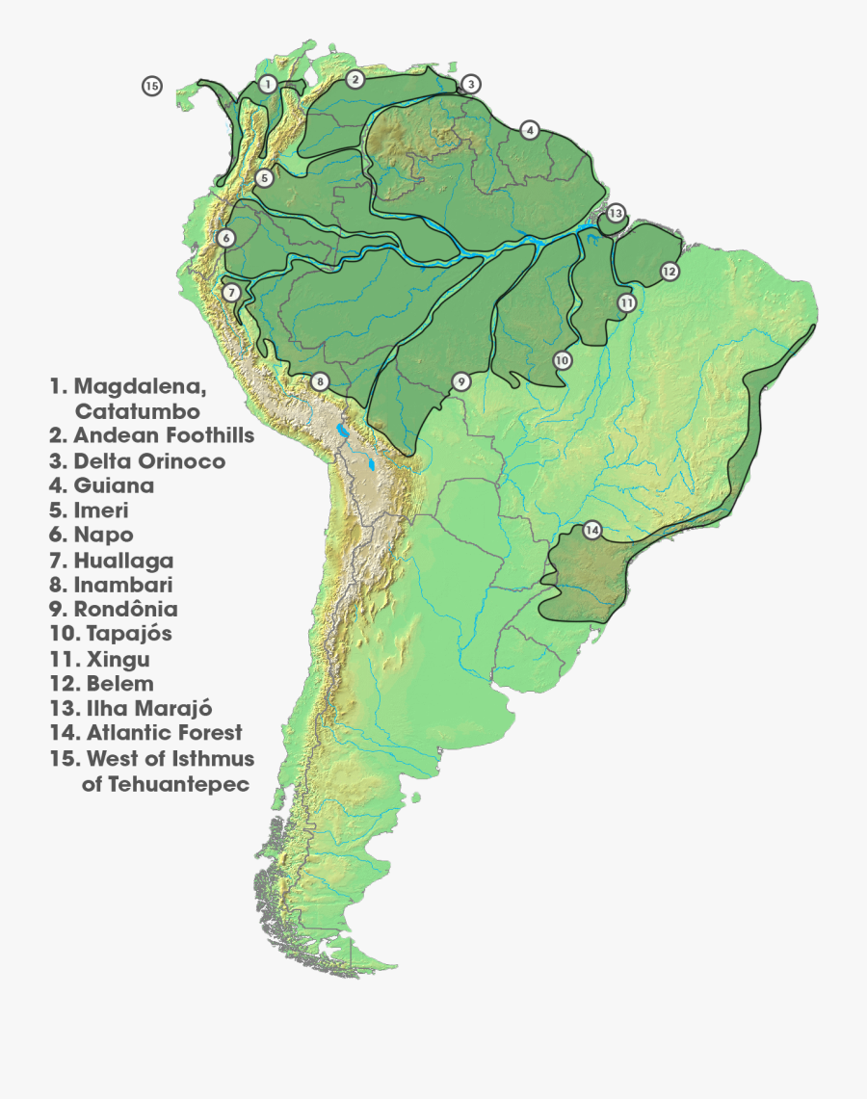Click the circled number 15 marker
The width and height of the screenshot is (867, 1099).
(x=151, y=86)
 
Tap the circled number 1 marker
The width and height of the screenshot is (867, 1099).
(x=268, y=85)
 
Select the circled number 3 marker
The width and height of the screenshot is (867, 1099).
(x=470, y=84)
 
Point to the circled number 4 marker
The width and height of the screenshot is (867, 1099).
(x=529, y=130)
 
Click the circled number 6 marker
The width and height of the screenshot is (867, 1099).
(x=225, y=237)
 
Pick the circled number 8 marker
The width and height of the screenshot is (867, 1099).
(x=318, y=381)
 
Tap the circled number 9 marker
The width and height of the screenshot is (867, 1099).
(x=461, y=381)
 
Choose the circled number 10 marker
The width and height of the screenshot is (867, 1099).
(x=563, y=360)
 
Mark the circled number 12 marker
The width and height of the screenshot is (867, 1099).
(x=670, y=272)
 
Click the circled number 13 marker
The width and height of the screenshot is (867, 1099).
(x=616, y=213)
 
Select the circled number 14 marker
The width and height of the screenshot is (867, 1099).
(x=591, y=531)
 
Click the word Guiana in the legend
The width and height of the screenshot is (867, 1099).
(x=114, y=485)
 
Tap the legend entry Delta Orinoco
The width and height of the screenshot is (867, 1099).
(x=149, y=461)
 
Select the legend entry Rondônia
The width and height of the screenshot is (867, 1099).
(x=125, y=610)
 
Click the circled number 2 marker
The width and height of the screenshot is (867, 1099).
(x=355, y=79)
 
